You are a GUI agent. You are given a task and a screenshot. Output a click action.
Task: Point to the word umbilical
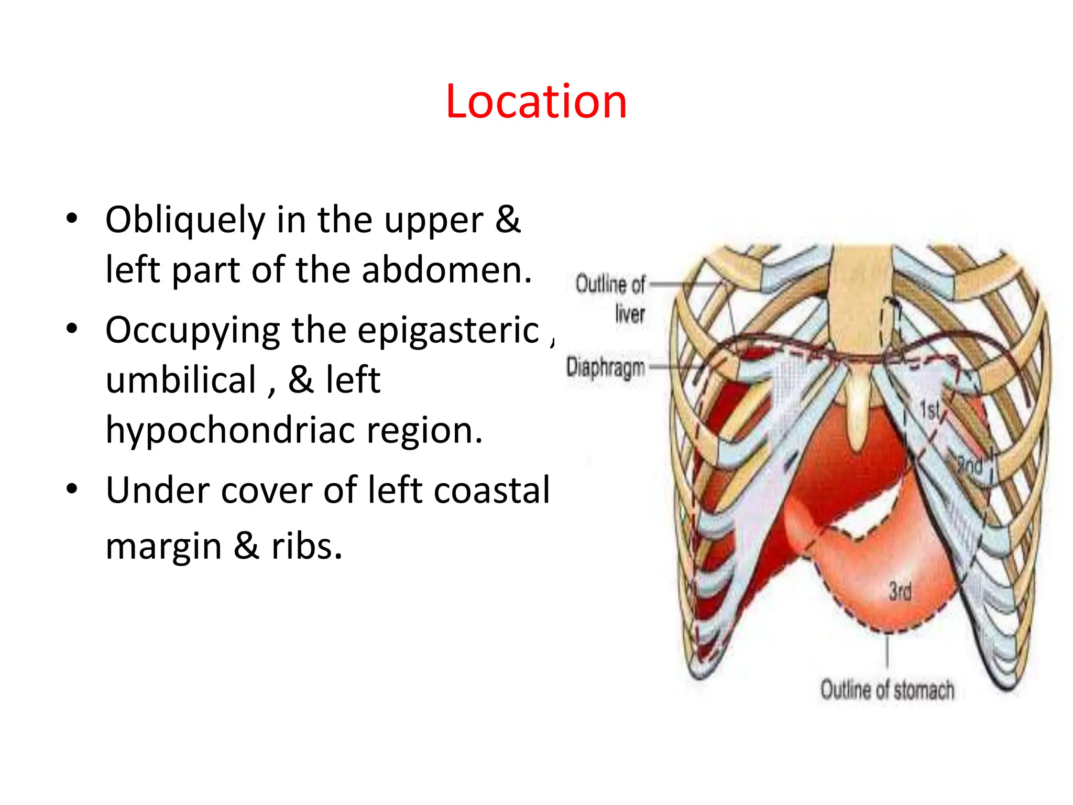[181, 380]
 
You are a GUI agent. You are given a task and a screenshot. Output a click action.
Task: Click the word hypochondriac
[231, 430]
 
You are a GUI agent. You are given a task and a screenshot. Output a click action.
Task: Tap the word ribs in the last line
[306, 546]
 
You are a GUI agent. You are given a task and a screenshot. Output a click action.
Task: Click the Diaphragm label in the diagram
[606, 367]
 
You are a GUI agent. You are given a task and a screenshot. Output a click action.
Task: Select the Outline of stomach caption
[887, 690]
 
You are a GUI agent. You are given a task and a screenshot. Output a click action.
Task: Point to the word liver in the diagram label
[630, 314]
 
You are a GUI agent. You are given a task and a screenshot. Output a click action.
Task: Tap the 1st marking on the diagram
[930, 409]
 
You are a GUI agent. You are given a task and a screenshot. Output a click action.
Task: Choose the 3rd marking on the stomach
[900, 591]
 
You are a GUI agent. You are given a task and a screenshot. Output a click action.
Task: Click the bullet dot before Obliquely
[72, 219]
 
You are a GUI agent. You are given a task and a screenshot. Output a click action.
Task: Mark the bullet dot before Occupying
[72, 329]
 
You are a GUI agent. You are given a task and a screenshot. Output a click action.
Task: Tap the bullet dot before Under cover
[72, 489]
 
